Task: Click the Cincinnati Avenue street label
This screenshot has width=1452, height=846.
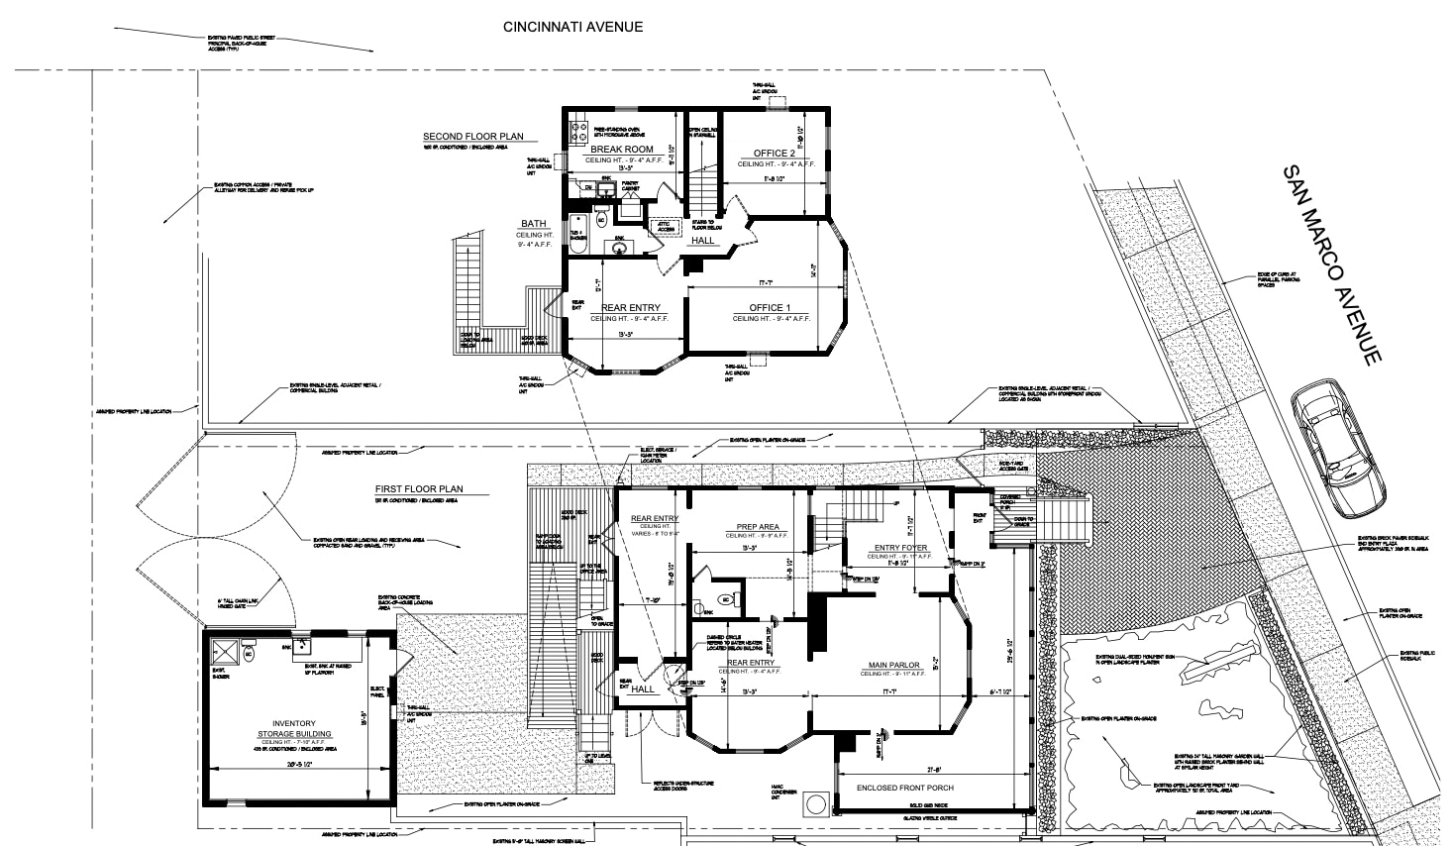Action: coord(572,26)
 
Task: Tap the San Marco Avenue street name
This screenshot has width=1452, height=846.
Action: coord(1330,264)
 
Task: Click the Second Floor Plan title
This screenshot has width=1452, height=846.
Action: coord(473,137)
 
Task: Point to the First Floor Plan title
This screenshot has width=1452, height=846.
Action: coord(419,489)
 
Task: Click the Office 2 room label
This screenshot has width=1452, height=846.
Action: coord(773,154)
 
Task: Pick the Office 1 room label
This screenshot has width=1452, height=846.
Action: coord(770,308)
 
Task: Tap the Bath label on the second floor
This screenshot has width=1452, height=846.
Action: coord(534,224)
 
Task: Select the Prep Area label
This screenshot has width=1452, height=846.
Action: coord(757,527)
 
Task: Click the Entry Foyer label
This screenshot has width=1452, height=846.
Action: coord(900,548)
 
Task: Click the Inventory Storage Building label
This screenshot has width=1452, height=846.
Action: coord(294,728)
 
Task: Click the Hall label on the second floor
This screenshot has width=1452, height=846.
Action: coord(702,241)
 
